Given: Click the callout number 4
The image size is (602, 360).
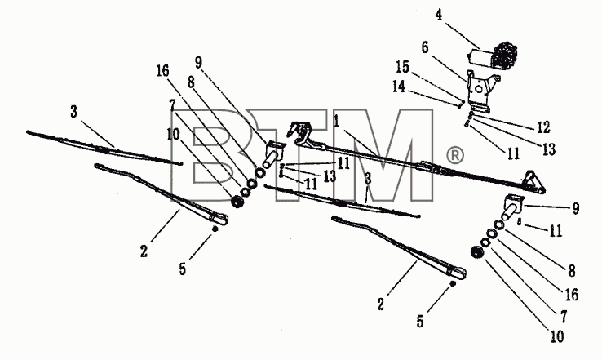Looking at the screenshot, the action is (439, 15).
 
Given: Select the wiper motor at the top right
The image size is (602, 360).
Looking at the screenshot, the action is (492, 56).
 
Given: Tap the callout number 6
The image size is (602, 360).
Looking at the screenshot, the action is (425, 47).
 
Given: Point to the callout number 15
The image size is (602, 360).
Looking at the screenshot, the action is (402, 67).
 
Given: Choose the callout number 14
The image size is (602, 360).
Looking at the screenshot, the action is (399, 87).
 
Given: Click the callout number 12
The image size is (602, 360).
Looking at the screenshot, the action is (543, 127).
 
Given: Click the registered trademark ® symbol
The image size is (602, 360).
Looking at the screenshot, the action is (455, 155).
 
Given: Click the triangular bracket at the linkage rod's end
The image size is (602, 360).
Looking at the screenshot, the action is (534, 181).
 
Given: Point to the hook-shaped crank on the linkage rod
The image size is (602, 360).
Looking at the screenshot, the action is (301, 133).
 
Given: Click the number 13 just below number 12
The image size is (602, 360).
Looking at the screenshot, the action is (549, 149).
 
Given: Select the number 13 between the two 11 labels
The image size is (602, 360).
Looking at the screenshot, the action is (330, 176).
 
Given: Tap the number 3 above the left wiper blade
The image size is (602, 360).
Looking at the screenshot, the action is (73, 112).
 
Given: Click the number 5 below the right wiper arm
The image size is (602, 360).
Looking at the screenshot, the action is (420, 322).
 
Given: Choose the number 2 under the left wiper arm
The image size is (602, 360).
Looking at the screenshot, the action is (144, 251).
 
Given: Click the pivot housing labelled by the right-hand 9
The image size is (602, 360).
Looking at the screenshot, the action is (512, 207).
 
